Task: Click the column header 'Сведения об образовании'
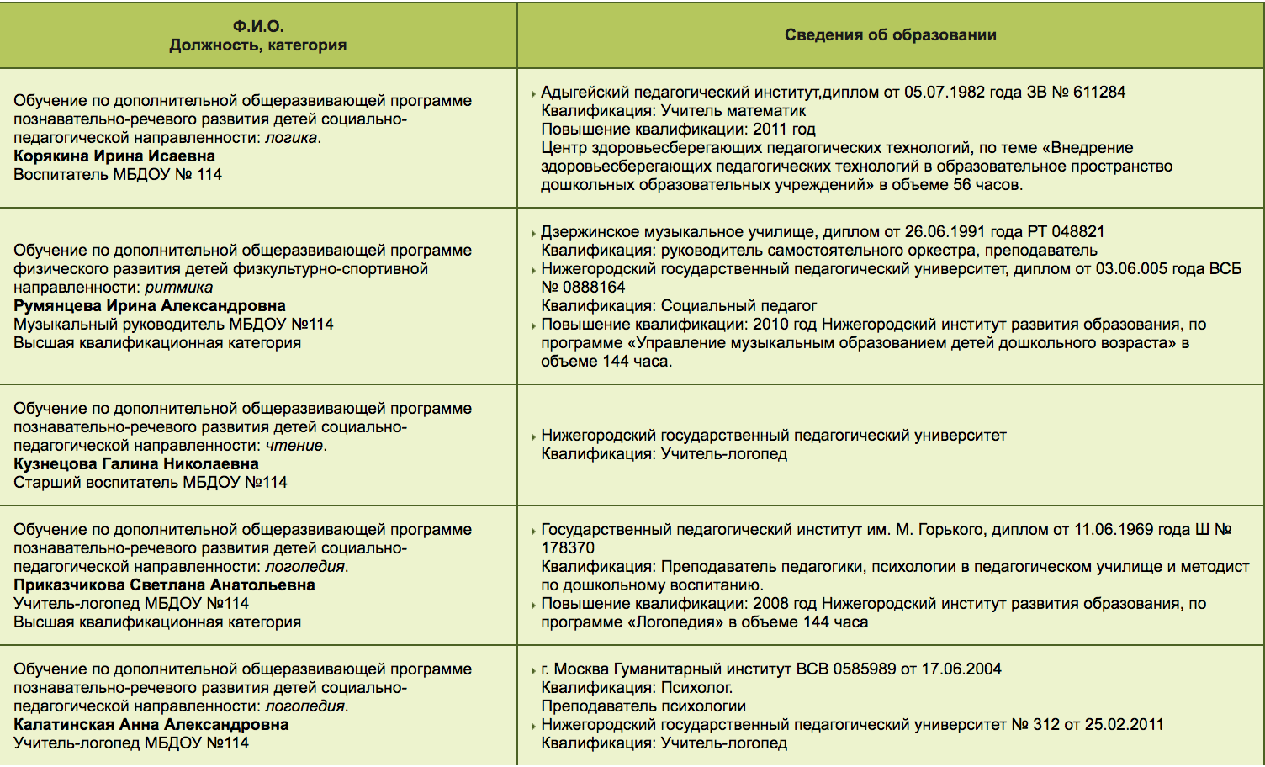[890, 35]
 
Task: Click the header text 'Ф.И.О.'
[258, 26]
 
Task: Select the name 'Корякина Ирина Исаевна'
[114, 156]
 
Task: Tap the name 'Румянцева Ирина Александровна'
[150, 306]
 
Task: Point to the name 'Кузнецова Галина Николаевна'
[136, 464]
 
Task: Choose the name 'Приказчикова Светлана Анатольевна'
[164, 585]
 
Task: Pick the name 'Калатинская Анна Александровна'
[151, 725]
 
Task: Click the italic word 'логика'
[291, 138]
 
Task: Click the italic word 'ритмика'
[179, 288]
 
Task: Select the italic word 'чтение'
[294, 446]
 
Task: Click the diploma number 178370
[568, 548]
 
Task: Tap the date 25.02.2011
[1124, 725]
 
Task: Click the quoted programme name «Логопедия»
[680, 622]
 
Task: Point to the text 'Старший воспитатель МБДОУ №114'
[151, 483]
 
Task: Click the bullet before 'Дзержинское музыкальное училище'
[533, 234]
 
